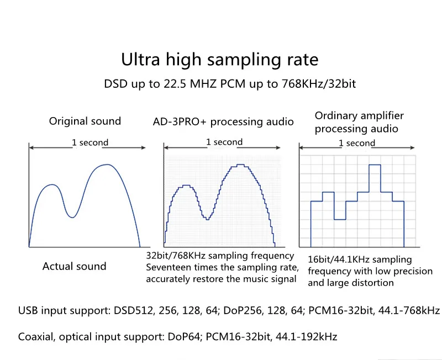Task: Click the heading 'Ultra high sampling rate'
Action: point(219,60)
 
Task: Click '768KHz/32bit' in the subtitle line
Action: point(319,84)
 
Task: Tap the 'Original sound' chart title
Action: point(85,121)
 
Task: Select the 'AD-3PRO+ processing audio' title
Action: point(223,121)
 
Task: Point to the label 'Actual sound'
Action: point(74,266)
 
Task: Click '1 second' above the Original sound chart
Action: point(90,142)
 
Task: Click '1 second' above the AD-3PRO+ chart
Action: point(224,142)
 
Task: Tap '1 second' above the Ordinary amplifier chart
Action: point(357,143)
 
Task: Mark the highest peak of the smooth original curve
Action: point(107,165)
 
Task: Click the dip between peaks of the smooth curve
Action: point(72,217)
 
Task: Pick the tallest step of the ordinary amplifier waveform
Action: point(375,165)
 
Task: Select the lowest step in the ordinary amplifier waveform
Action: point(340,219)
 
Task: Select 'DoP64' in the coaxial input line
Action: point(184,337)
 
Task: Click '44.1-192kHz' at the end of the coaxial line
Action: point(307,337)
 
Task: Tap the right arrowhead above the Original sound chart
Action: point(143,147)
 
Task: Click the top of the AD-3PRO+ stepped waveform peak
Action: point(240,165)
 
